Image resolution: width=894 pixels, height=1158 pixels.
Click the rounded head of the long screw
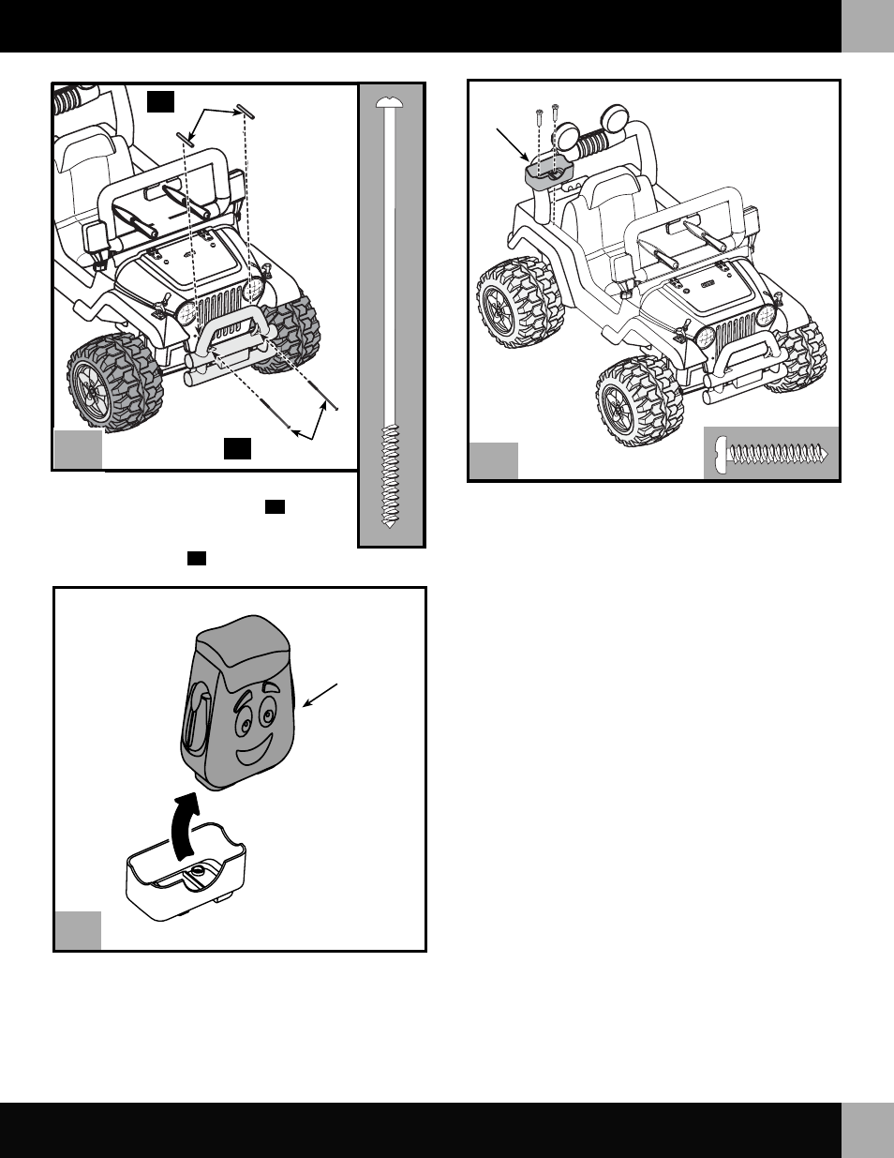389,99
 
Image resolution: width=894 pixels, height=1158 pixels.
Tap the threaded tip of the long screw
389,520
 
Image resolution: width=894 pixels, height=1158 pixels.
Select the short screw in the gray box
770,454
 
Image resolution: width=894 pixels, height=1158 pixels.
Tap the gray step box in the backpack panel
78,929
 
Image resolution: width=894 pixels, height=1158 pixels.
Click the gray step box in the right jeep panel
493,460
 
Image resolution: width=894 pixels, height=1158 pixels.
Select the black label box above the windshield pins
161,101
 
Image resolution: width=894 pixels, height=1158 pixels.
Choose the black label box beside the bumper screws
237,448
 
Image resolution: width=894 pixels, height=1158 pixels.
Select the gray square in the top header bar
867,25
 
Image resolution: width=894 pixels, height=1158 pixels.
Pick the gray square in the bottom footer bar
867,1130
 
